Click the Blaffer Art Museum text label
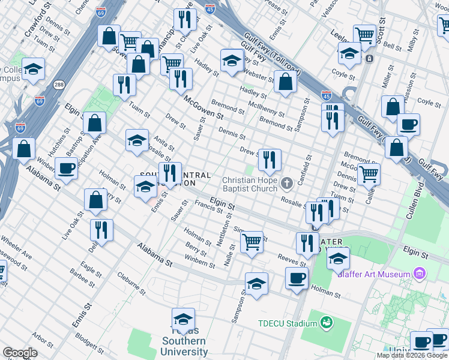click(x=382, y=274)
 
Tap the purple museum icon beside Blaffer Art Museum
click(x=420, y=274)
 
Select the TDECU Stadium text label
click(x=288, y=324)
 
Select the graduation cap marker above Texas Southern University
click(x=184, y=319)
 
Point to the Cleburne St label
click(x=128, y=280)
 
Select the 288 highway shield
click(x=59, y=85)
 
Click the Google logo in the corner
click(x=20, y=353)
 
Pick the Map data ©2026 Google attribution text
click(x=412, y=355)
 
